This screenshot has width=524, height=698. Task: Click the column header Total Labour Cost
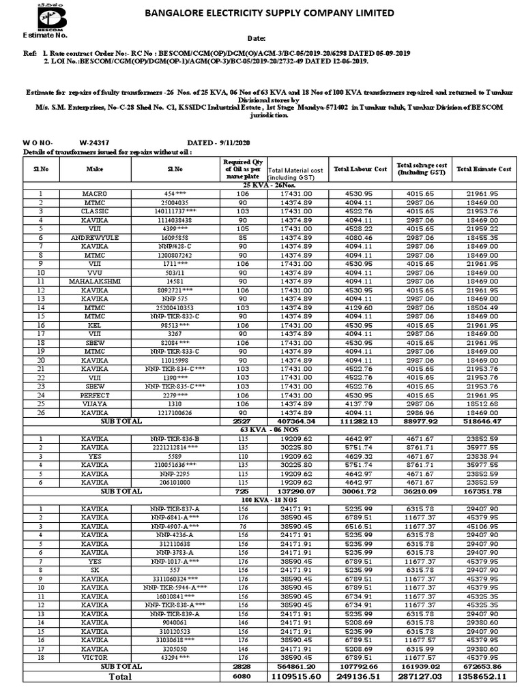pyautogui.click(x=360, y=169)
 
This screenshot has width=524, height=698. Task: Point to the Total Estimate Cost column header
pyautogui.click(x=484, y=169)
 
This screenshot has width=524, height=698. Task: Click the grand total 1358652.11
pyautogui.click(x=484, y=677)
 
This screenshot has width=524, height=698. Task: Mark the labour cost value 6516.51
pyautogui.click(x=360, y=526)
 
